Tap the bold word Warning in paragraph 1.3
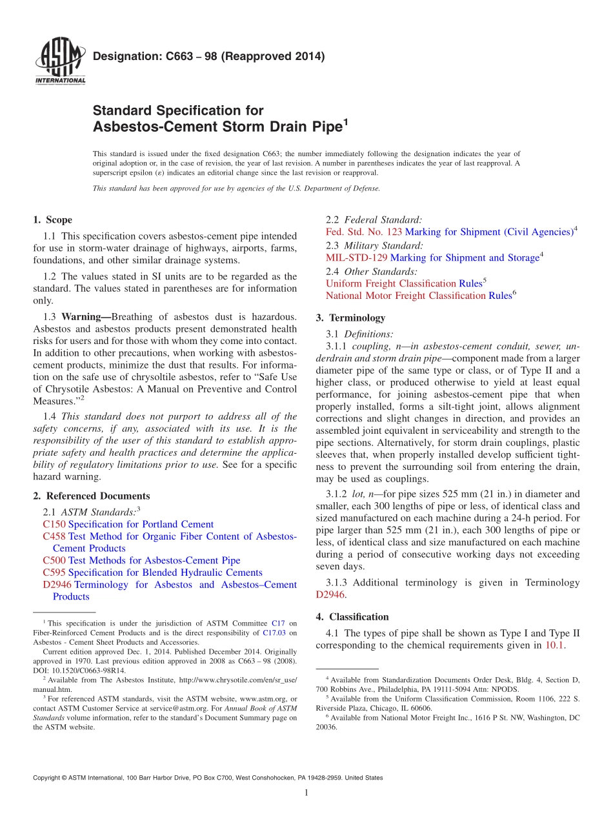84,317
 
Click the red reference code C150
54,524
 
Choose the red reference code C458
54,536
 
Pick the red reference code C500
54,560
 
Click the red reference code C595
54,573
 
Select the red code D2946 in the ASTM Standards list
57,585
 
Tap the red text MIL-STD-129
357,258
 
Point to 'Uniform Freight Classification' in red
390,283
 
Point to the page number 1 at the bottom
306,793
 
